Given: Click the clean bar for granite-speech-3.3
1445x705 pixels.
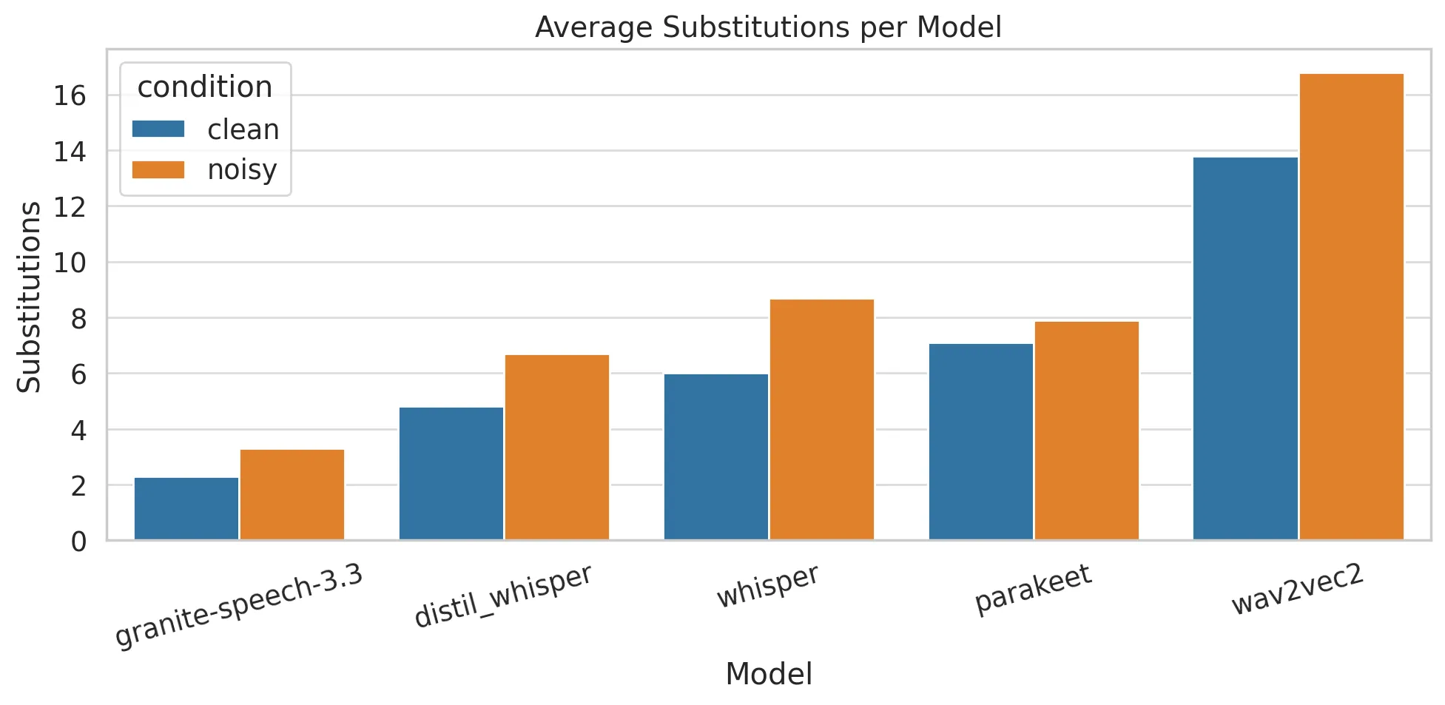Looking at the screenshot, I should click(186, 509).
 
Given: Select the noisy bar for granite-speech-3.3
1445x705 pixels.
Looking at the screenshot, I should click(292, 495).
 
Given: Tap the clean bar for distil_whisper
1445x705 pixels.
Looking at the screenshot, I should click(451, 473).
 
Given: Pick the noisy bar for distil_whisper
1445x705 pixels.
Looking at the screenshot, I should click(557, 448).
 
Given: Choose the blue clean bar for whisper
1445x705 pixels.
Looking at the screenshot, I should click(716, 457).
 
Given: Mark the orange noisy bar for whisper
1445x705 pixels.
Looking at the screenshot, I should click(822, 419).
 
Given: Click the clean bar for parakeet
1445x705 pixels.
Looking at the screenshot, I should click(981, 442).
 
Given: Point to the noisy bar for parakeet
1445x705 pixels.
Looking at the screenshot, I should click(1087, 431).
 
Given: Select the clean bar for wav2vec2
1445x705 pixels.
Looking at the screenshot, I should click(1246, 348).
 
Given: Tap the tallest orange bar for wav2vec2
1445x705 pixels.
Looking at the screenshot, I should click(1352, 307).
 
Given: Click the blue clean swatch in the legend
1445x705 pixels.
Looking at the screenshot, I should click(158, 129).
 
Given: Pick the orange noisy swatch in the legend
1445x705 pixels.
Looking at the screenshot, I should click(158, 169).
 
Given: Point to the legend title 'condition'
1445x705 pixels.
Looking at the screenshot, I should click(205, 87).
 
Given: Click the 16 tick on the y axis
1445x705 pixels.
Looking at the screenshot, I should click(70, 95).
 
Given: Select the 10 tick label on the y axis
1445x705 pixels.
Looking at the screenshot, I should click(70, 263).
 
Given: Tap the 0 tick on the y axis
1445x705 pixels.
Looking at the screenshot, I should click(78, 542).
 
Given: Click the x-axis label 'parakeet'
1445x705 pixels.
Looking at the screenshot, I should click(1033, 590).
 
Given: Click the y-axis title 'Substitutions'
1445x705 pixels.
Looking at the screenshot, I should click(30, 297).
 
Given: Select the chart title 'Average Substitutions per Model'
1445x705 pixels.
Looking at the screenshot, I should click(768, 27).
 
